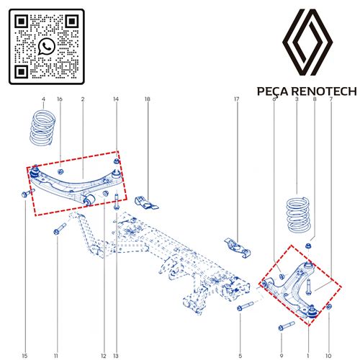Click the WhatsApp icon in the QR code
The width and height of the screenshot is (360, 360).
(x=47, y=46)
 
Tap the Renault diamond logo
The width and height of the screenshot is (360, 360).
(x=307, y=42)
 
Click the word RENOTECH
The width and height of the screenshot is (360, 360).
(x=324, y=91)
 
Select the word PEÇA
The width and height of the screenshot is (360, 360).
(x=272, y=91)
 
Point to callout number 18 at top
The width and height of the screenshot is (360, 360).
(x=148, y=99)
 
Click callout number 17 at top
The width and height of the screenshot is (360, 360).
(x=237, y=99)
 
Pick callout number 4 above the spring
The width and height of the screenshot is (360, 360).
(x=43, y=99)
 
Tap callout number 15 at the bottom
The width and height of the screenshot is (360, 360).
(x=24, y=356)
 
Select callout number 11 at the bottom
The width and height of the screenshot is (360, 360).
(x=56, y=356)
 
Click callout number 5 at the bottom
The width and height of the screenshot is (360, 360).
(x=240, y=356)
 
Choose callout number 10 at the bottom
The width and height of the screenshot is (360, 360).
(x=328, y=356)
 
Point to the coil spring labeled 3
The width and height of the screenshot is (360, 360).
(x=299, y=215)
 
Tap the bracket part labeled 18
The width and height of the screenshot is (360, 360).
(x=145, y=203)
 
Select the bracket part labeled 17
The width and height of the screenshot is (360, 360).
(x=238, y=248)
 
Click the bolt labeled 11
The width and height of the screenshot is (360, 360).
(x=60, y=229)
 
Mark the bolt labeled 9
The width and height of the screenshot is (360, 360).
(x=287, y=326)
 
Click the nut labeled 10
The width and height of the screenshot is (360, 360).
(x=329, y=307)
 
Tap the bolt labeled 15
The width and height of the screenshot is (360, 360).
(x=28, y=193)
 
